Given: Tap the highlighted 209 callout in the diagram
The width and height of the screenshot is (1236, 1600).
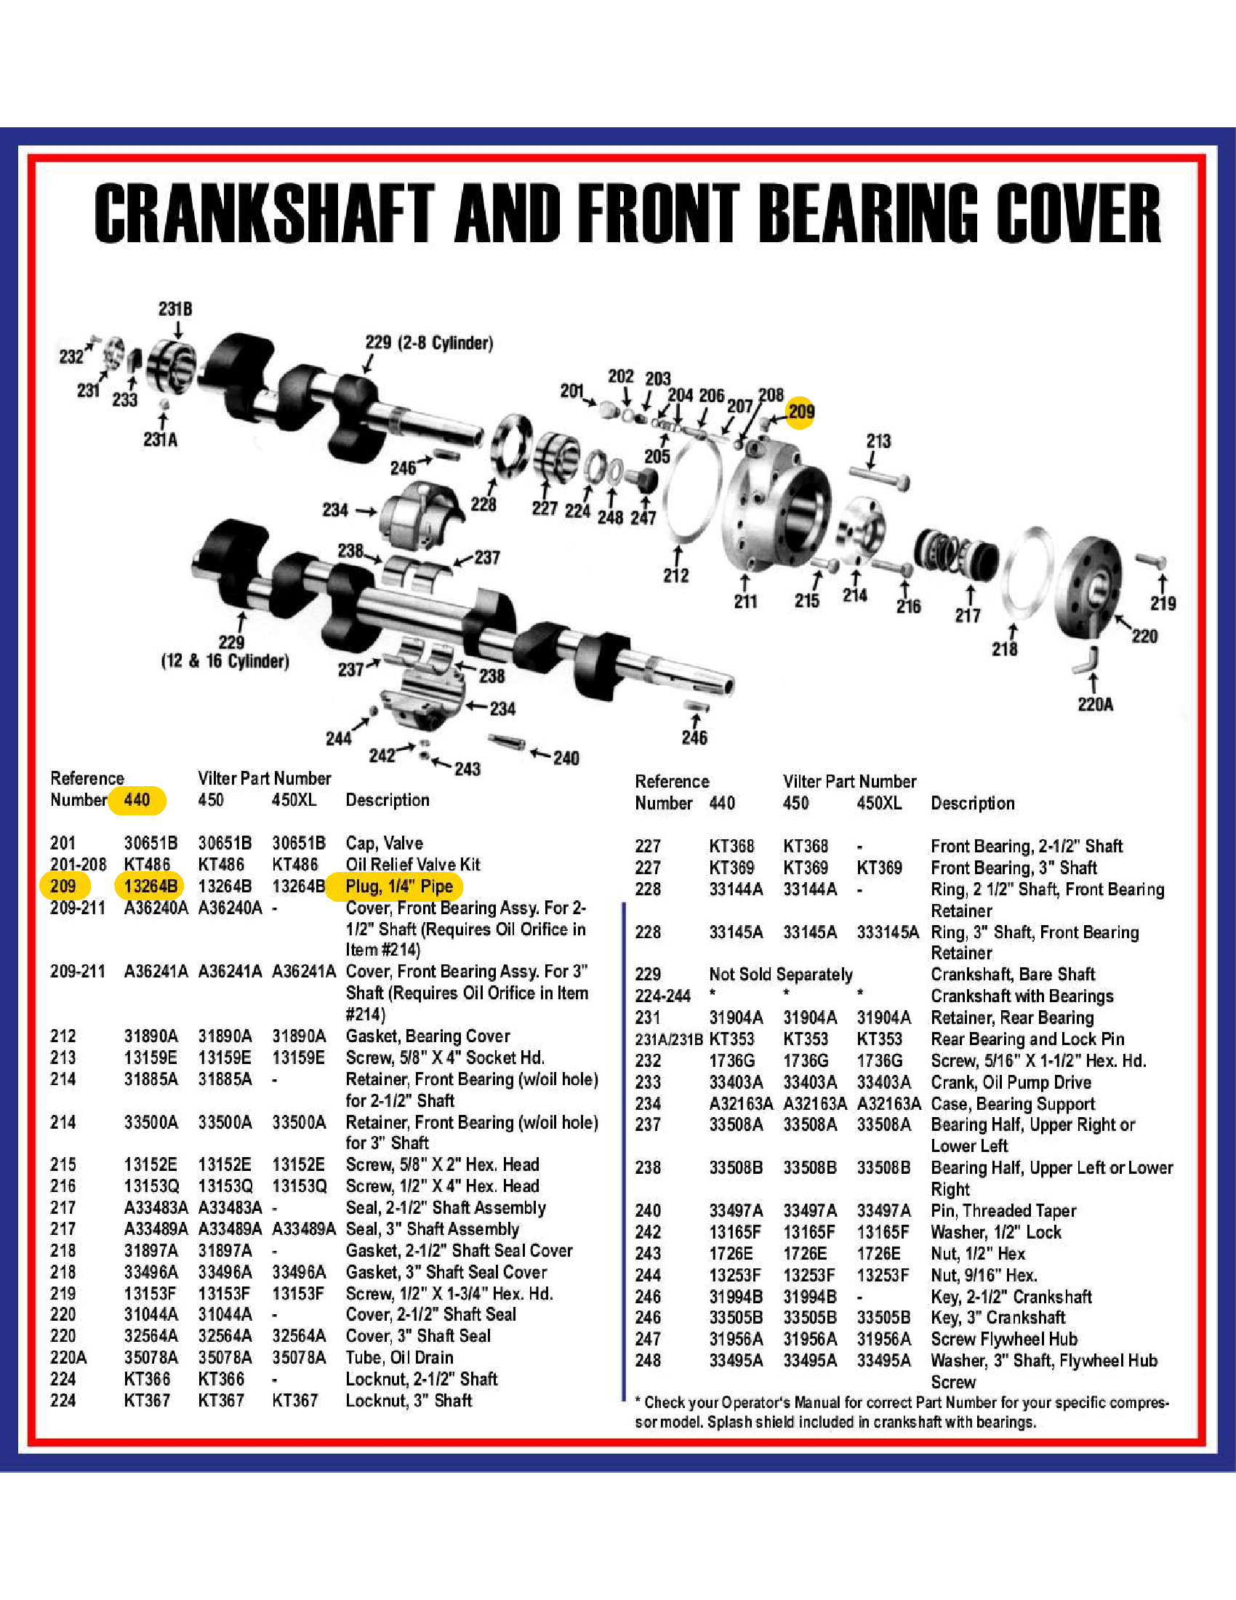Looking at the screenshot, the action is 801,412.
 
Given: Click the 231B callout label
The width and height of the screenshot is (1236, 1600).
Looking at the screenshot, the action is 176,309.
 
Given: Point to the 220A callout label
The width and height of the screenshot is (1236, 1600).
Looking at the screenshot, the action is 1096,704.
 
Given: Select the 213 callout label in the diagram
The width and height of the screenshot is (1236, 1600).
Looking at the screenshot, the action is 879,441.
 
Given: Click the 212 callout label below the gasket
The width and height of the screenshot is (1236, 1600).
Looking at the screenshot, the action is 676,575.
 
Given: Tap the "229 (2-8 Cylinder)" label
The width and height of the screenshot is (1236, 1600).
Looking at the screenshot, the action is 429,343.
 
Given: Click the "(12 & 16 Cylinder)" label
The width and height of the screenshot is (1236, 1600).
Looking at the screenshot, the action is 225,661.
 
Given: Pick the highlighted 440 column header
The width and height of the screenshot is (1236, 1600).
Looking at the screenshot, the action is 137,799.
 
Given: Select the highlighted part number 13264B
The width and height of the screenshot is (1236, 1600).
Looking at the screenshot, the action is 151,886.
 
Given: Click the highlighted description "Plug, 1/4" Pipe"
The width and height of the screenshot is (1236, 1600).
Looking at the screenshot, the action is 399,886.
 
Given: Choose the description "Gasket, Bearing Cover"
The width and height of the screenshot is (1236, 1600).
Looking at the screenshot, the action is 428,1036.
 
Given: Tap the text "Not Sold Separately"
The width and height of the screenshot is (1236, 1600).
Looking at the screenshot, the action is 781,975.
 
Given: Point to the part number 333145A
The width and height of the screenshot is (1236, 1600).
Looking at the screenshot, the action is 888,932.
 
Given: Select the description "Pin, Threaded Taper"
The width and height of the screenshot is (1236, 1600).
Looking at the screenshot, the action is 1003,1210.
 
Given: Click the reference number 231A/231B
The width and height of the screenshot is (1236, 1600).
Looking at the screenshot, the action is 668,1039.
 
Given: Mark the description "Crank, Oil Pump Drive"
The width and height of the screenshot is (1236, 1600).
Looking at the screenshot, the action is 1011,1082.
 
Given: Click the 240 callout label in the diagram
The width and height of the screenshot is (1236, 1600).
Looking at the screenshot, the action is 566,758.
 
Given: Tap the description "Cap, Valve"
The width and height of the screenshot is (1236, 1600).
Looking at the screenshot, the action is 385,842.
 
